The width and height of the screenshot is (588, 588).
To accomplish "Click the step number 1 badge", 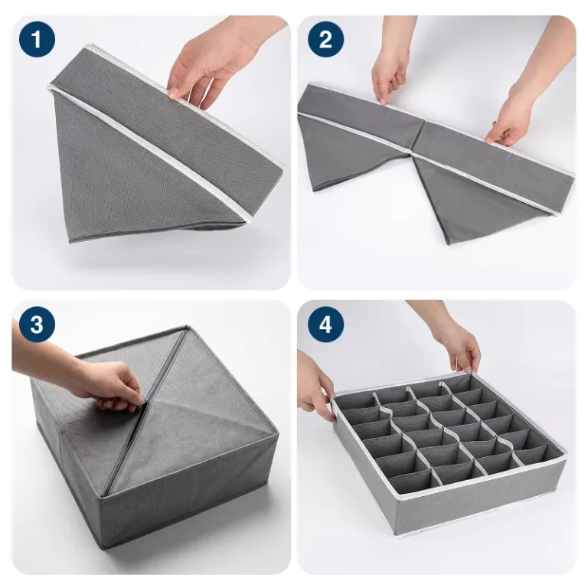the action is pyautogui.click(x=37, y=39).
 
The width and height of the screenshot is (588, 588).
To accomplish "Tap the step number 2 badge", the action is pyautogui.click(x=326, y=39).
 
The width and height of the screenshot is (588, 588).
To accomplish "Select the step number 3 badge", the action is pyautogui.click(x=37, y=325).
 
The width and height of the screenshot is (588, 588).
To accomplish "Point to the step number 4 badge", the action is pyautogui.click(x=326, y=325).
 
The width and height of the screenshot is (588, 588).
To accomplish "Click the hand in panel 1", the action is pyautogui.click(x=217, y=64).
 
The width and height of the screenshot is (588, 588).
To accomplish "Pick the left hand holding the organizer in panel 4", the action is pyautogui.click(x=315, y=383).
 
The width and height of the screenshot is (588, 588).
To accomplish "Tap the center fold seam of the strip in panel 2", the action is pyautogui.click(x=416, y=138).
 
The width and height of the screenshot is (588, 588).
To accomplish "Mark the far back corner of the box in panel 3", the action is pyautogui.click(x=186, y=328).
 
